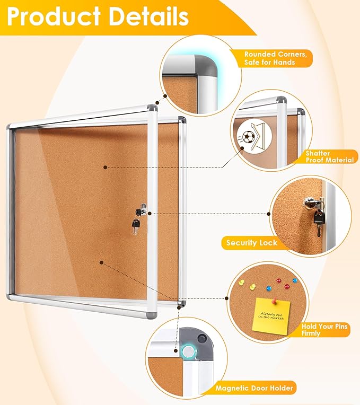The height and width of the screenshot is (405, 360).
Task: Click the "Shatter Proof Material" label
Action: point(329,156)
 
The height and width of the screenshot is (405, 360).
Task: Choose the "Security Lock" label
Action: point(252,243)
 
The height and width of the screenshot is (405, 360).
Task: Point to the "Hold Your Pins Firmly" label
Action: point(324,330)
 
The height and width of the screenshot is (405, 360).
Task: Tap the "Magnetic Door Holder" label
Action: point(254,389)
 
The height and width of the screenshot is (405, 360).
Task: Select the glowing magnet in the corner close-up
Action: point(188,350)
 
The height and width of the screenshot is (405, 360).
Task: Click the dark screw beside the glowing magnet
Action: point(201,337)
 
